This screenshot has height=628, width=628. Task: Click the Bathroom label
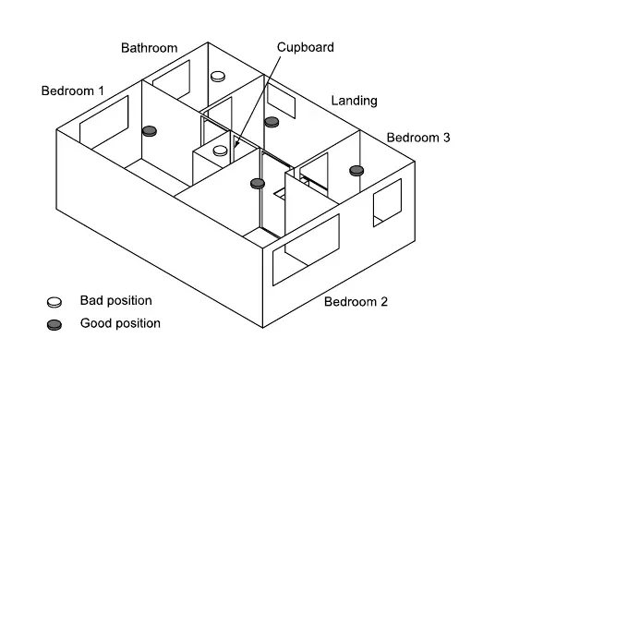[x=149, y=48]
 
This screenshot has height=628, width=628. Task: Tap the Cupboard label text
[x=306, y=47]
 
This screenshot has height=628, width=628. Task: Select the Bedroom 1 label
[x=73, y=91]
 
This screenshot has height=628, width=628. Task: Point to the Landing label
[x=355, y=101]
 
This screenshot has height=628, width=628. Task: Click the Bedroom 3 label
[x=418, y=138]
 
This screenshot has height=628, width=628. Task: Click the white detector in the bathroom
[x=219, y=78]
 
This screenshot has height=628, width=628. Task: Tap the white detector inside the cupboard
[x=221, y=150]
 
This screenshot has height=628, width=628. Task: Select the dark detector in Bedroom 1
[x=150, y=132]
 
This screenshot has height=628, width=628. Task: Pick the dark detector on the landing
[x=272, y=122]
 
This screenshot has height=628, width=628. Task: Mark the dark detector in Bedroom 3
[x=356, y=170]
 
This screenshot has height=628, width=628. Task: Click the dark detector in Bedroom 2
[x=258, y=183]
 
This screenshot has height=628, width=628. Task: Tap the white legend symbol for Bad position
[x=54, y=302]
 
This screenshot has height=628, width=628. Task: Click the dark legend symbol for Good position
[x=54, y=324]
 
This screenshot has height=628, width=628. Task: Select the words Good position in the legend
[x=120, y=323]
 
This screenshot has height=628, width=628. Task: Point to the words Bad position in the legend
[x=116, y=301]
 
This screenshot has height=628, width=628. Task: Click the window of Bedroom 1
[x=104, y=120]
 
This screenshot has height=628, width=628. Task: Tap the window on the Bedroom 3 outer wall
[x=387, y=202]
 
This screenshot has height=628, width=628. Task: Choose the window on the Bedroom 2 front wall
[x=307, y=251]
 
